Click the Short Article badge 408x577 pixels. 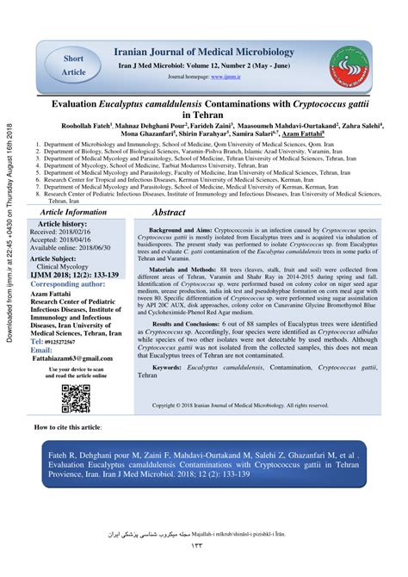[x=74, y=64]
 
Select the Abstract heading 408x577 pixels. [x=169, y=212]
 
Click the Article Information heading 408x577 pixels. [x=74, y=212]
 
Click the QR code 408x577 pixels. [x=76, y=398]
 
